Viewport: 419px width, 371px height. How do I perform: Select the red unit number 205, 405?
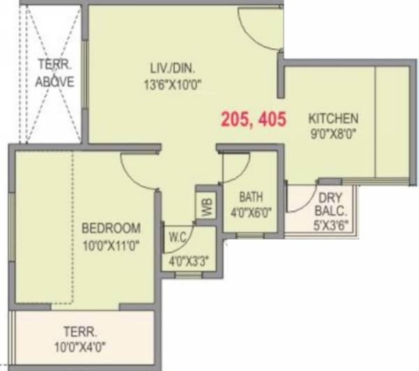coord(253,119)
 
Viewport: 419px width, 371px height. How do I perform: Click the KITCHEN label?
coord(334,118)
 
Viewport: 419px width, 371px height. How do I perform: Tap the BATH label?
coord(249,196)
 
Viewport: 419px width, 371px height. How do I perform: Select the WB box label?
coord(206,206)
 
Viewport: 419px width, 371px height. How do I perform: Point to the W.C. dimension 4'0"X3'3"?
coord(189,263)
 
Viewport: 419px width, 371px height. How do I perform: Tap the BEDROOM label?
coord(111,228)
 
